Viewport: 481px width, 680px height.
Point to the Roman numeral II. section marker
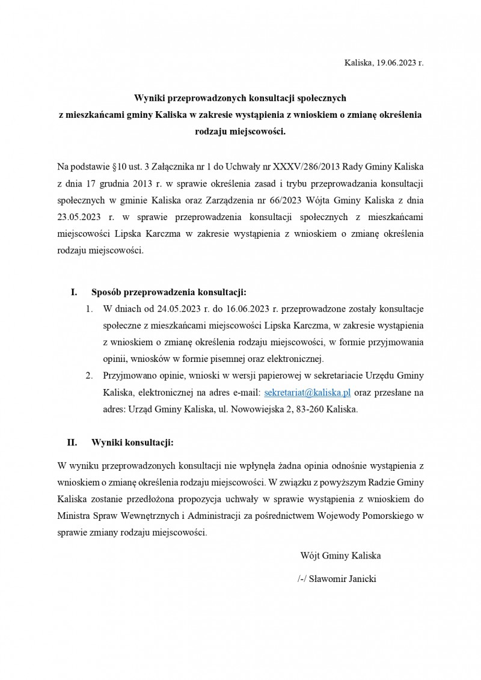(72, 443)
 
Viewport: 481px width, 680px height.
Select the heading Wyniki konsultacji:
(132, 443)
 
